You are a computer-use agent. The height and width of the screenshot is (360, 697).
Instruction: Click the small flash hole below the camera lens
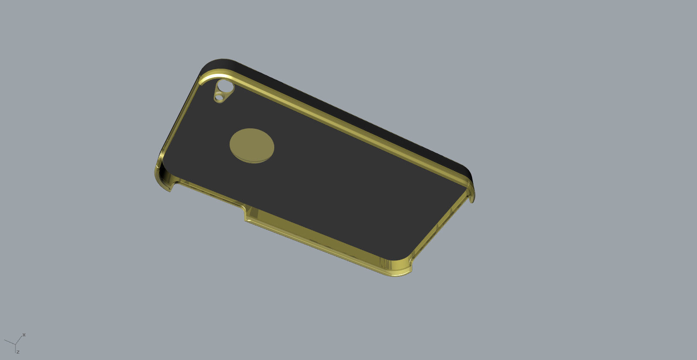coord(219,98)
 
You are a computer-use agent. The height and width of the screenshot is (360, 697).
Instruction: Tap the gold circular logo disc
coord(252,145)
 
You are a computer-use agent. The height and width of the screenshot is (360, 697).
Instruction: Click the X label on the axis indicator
coord(24,335)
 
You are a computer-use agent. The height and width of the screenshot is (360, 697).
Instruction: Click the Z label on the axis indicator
coord(18,352)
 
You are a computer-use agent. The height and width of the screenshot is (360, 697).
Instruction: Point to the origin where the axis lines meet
coord(15,344)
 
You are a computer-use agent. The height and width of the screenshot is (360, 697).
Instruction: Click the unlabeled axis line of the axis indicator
coord(9,342)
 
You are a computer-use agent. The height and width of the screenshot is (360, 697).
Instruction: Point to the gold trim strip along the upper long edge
coord(343,124)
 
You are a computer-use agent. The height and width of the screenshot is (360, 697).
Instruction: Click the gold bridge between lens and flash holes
coord(221,93)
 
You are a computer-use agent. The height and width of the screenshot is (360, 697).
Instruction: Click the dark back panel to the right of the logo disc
coord(343,180)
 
